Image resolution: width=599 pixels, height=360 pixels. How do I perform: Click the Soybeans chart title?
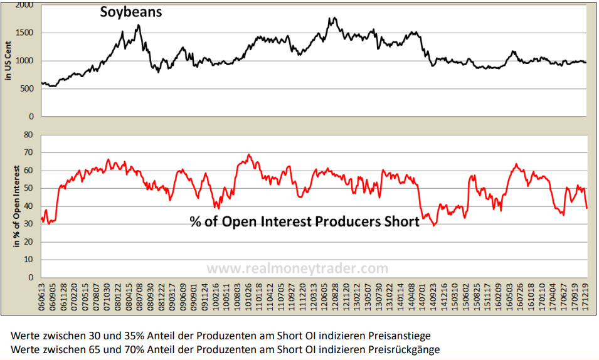coord(131,11)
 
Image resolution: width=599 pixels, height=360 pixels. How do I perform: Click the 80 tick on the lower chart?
coord(28,134)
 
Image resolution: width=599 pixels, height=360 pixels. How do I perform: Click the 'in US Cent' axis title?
coord(8,60)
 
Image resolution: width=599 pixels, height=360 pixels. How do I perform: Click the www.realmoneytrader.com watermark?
coord(297,268)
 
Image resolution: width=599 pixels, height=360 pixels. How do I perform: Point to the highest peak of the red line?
coord(248,154)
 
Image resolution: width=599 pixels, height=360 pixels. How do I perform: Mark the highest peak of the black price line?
coord(332,18)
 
